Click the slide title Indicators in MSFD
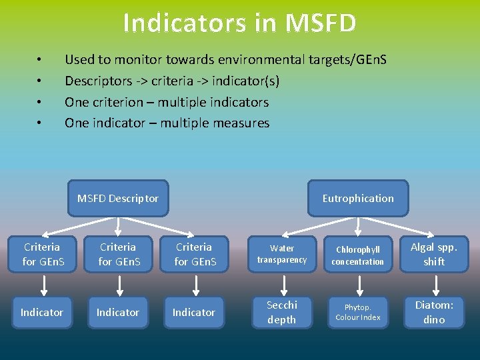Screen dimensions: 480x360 pyautogui.click(x=239, y=23)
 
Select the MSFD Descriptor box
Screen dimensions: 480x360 pyautogui.click(x=117, y=198)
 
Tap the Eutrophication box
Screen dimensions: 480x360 pyautogui.click(x=358, y=198)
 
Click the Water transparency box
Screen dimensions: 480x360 pyautogui.click(x=282, y=254)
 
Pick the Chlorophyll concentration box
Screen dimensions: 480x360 pyautogui.click(x=358, y=255)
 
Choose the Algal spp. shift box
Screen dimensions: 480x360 pyautogui.click(x=434, y=254)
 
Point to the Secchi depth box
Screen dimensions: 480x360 pyautogui.click(x=282, y=312)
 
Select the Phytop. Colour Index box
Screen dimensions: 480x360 pyautogui.click(x=358, y=312)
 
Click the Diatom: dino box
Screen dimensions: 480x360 pyautogui.click(x=434, y=312)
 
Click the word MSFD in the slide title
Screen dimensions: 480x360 pyautogui.click(x=320, y=23)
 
